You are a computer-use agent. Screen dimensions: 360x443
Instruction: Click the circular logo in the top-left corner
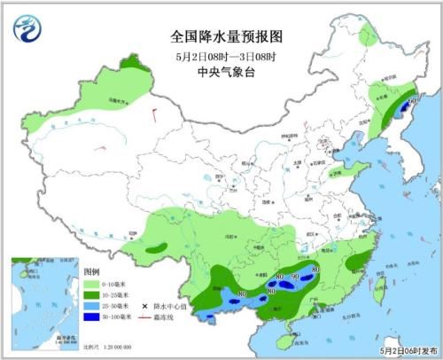coord(27,29)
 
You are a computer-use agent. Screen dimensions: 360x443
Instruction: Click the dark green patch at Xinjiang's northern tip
coord(132,63)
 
